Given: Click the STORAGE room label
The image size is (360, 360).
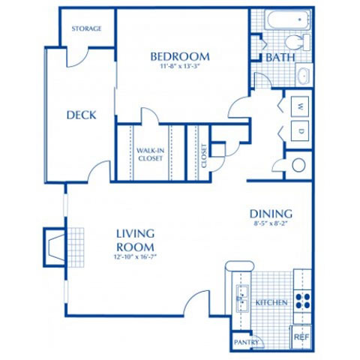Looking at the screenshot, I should [86, 28].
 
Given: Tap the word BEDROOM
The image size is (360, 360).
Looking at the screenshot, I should [179, 56].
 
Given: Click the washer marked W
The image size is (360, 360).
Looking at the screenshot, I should [300, 105].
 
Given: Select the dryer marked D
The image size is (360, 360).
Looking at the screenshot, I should [300, 131].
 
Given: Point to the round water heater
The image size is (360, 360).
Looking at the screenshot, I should [298, 165].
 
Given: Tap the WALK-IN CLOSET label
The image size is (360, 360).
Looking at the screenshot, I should [150, 154].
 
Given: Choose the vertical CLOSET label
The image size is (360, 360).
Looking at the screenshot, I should [203, 154].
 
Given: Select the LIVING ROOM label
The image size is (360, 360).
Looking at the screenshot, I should [135, 241].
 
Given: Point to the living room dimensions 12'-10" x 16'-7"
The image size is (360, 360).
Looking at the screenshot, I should [135, 257].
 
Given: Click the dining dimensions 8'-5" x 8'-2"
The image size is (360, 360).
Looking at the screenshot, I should [271, 223].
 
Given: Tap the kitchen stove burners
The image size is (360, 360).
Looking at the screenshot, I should [301, 301].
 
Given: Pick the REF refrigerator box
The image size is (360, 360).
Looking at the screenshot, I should [301, 337].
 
